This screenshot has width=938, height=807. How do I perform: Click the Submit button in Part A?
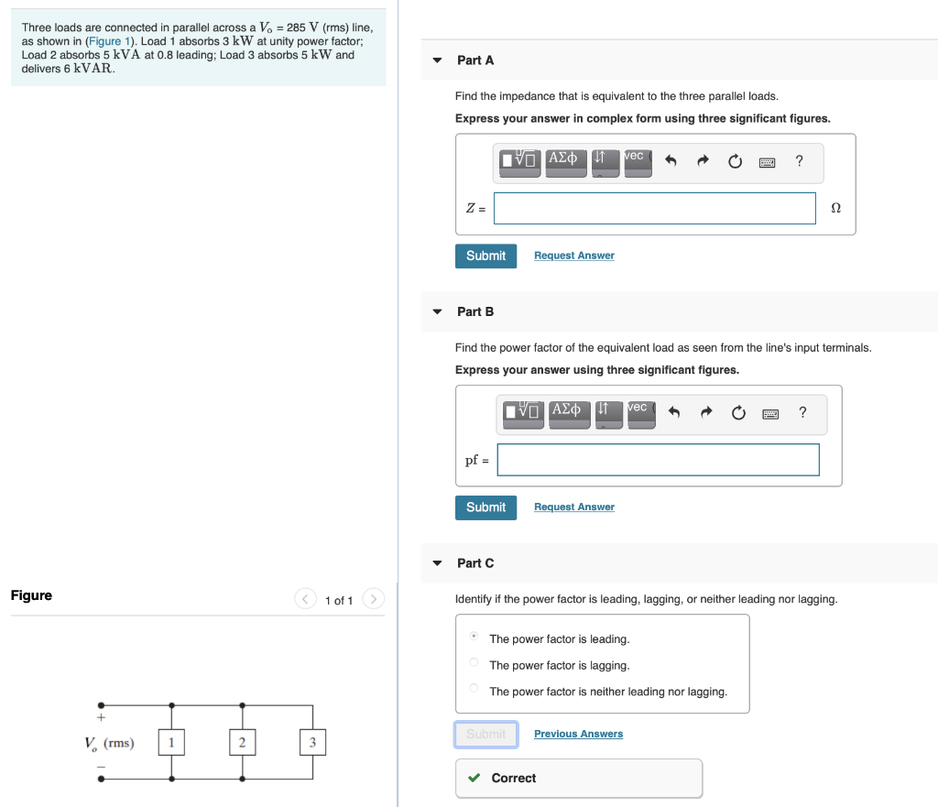point(485,256)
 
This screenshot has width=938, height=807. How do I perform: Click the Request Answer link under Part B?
point(573,507)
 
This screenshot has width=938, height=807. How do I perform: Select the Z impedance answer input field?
point(654,208)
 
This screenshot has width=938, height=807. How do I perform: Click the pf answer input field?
point(658,460)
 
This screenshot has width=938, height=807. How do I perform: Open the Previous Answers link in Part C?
point(578,735)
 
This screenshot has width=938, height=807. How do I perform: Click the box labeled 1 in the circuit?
point(171,743)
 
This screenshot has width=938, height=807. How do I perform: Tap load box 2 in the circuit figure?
point(242,743)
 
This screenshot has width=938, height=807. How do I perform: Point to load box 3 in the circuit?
point(312,743)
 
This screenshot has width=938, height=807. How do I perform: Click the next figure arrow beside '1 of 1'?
point(373,599)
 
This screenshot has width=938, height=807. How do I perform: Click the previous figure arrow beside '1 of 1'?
point(305,599)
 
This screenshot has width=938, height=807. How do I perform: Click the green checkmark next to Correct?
point(474,779)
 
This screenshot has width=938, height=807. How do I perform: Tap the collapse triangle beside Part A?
point(437,60)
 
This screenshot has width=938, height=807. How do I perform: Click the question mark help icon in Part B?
point(802,412)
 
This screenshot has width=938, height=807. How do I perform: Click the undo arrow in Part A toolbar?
point(671,162)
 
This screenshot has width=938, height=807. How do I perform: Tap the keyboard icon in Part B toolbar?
point(770,414)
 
